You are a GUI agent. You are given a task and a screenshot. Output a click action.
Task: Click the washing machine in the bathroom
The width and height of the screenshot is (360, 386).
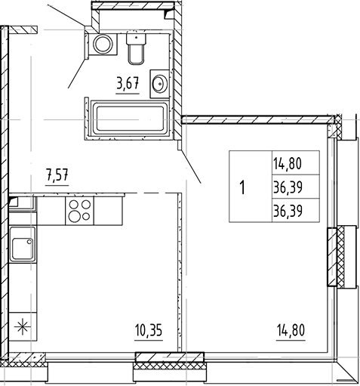(101, 45)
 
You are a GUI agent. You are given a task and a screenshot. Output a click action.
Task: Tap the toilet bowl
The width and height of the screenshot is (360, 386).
(137, 54)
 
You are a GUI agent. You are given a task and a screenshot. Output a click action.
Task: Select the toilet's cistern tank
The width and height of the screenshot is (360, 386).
(137, 37)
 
